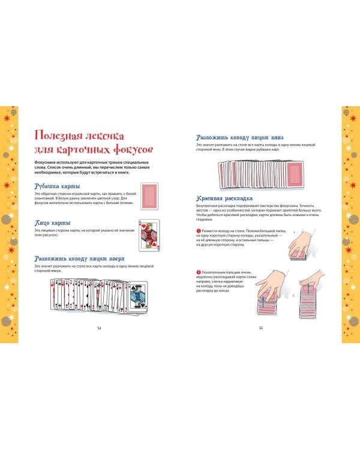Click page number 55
pyautogui.click(x=261, y=328)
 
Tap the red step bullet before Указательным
pyautogui.click(x=199, y=272)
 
